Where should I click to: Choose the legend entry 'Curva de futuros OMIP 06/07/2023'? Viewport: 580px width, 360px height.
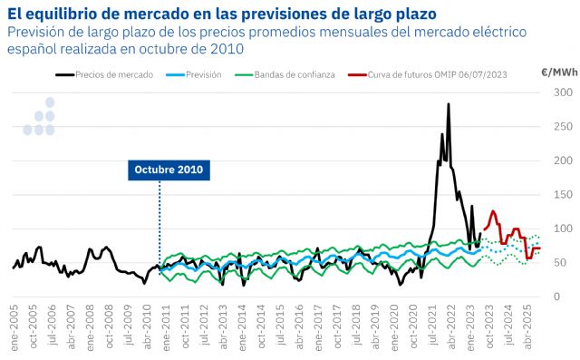pos(438,74)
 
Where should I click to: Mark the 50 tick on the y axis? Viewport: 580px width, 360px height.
pos(564,262)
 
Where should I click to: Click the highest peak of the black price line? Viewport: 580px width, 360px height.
pos(449,104)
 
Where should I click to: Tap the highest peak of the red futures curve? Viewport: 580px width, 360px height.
pos(493,211)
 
